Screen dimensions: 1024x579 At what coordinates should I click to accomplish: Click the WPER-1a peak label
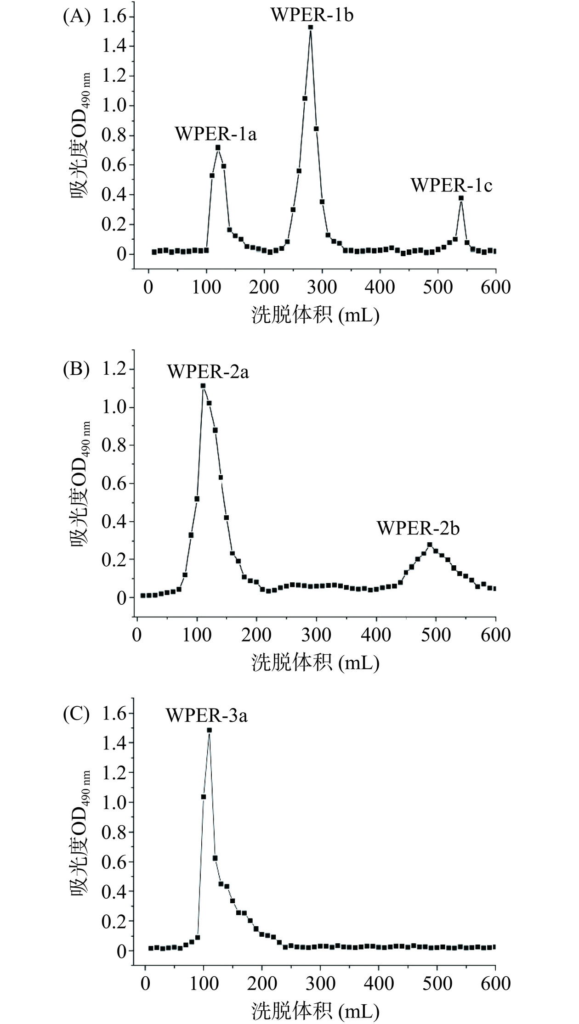pyautogui.click(x=216, y=134)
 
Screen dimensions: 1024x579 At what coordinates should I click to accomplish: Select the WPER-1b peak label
pyautogui.click(x=312, y=15)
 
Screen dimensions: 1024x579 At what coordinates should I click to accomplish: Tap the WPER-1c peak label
pyautogui.click(x=451, y=186)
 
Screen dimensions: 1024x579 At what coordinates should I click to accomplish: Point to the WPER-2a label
pyautogui.click(x=208, y=371)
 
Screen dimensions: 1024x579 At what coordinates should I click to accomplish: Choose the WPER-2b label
pyautogui.click(x=418, y=528)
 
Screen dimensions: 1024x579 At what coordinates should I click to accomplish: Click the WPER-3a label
pyautogui.click(x=206, y=716)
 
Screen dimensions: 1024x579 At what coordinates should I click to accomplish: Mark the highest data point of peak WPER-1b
pyautogui.click(x=311, y=28)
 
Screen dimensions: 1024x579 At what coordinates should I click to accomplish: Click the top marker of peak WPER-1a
pyautogui.click(x=218, y=148)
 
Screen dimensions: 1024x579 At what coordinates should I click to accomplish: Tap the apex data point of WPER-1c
pyautogui.click(x=461, y=198)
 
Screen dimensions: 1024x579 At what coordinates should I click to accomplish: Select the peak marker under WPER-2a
pyautogui.click(x=203, y=386)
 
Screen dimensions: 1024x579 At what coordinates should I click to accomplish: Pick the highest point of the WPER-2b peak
pyautogui.click(x=430, y=545)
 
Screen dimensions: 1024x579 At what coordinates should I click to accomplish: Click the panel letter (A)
pyautogui.click(x=76, y=17)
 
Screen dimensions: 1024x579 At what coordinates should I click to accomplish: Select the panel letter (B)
pyautogui.click(x=76, y=369)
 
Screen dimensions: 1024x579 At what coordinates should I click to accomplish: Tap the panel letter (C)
pyautogui.click(x=76, y=714)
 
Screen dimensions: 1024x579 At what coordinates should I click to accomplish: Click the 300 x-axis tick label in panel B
pyautogui.click(x=317, y=635)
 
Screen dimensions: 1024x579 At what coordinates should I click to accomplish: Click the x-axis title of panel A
pyautogui.click(x=315, y=315)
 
